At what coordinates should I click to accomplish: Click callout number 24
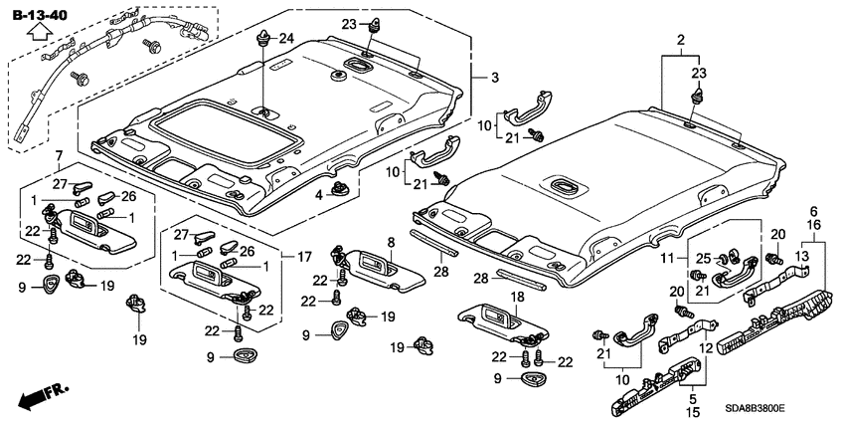(x=285, y=39)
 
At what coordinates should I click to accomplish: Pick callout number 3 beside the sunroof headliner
(x=480, y=77)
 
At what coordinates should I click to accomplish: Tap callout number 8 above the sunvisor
(x=391, y=241)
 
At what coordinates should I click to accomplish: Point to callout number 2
(x=681, y=39)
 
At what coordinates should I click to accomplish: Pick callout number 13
(x=801, y=257)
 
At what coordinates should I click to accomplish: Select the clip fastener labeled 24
(x=263, y=41)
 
